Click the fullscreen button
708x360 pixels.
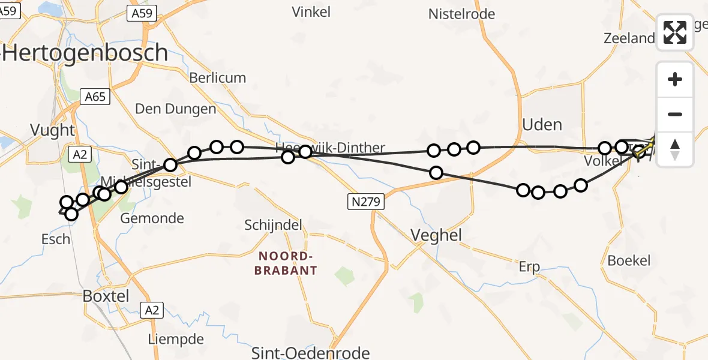[675, 32]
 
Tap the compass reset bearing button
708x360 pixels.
[675, 149]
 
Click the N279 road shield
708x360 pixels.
[365, 202]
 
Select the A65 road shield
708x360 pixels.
[95, 96]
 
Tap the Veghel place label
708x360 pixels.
[436, 235]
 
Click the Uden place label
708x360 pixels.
[542, 125]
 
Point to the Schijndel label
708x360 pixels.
[272, 225]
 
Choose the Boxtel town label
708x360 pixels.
[105, 296]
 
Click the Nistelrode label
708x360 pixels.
[461, 14]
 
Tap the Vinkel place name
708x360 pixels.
[311, 11]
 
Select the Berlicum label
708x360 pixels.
[217, 78]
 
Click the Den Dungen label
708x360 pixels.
[175, 109]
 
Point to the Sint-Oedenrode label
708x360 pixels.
[310, 352]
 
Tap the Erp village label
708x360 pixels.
[529, 267]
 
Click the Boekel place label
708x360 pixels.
[629, 260]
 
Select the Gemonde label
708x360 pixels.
[152, 218]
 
